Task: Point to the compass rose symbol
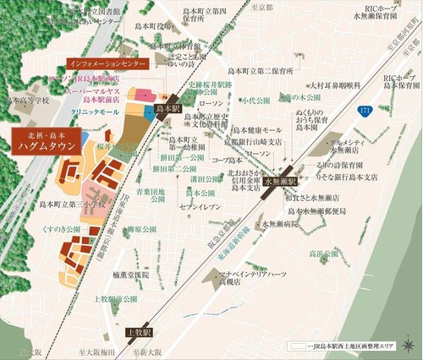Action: click(409, 346)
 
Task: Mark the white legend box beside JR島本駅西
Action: click(295, 347)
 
